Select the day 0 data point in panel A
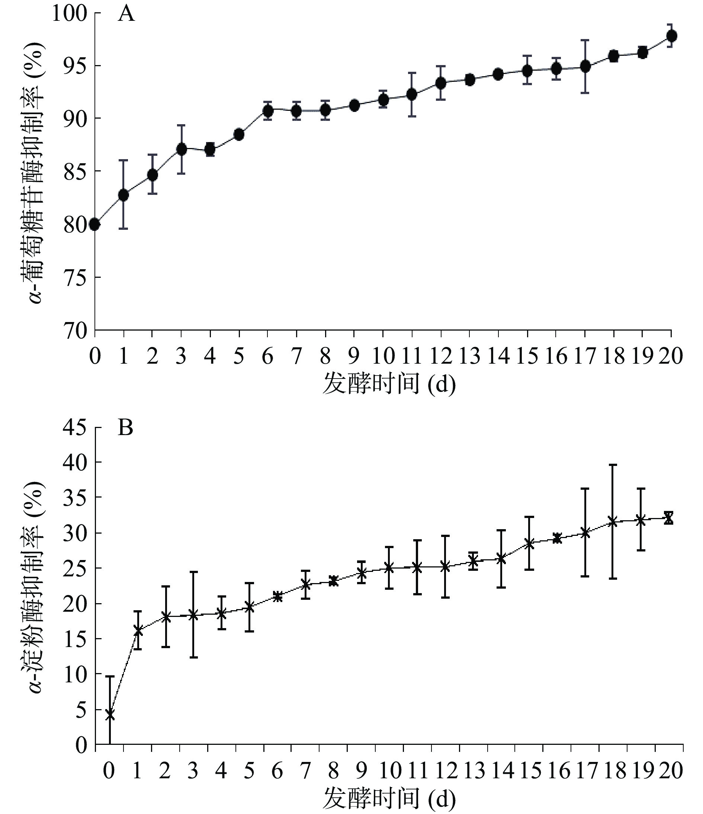pyautogui.click(x=95, y=224)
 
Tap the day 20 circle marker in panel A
pyautogui.click(x=671, y=36)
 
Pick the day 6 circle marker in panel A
pyautogui.click(x=267, y=112)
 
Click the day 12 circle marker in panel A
pyautogui.click(x=441, y=83)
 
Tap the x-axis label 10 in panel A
pyautogui.click(x=383, y=356)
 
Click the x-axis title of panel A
pyautogui.click(x=389, y=384)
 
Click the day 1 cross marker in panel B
pyautogui.click(x=138, y=631)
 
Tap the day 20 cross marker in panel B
pyautogui.click(x=668, y=518)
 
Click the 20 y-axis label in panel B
pyautogui.click(x=75, y=604)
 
